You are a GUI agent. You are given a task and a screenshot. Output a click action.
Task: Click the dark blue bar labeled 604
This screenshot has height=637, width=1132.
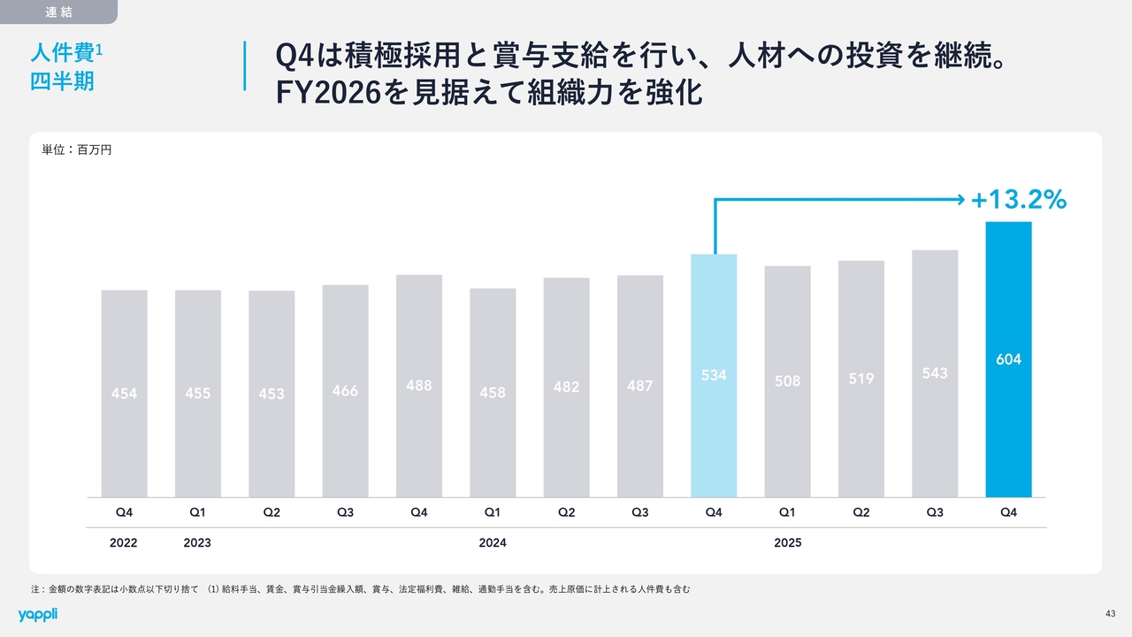(1008, 359)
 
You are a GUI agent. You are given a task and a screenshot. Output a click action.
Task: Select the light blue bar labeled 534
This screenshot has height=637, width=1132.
(714, 375)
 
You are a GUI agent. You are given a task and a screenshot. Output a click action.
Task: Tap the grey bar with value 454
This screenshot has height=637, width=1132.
(124, 394)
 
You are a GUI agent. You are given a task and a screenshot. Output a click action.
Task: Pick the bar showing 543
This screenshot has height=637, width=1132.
(935, 373)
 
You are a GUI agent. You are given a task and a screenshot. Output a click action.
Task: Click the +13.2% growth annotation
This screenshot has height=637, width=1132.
(1019, 201)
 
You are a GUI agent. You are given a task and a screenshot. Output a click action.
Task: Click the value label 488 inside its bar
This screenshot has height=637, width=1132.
(419, 385)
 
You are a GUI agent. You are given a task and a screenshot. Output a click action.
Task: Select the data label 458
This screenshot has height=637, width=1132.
(493, 392)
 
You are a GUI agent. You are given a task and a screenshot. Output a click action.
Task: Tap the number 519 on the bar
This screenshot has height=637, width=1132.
(861, 379)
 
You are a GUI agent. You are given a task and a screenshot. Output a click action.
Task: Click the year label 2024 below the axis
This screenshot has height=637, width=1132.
(493, 542)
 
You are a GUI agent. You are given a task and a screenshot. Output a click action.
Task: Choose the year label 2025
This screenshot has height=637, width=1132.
(787, 542)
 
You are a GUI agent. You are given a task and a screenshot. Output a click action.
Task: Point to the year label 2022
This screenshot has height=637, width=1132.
(124, 542)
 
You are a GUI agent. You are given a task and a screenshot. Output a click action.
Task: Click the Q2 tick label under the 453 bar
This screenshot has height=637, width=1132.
(272, 512)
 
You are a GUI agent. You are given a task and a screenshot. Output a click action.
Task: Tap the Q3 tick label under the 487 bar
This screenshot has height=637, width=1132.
(640, 512)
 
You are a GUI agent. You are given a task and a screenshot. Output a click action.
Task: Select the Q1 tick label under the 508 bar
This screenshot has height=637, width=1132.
(787, 512)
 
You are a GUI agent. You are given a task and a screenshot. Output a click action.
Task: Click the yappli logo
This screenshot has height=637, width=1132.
(37, 614)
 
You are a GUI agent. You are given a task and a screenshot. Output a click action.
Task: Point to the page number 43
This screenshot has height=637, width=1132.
(1110, 614)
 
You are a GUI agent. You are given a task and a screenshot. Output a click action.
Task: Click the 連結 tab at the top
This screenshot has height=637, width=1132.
(58, 12)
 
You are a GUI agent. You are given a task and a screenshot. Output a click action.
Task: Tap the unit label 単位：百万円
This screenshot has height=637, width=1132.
(77, 150)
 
